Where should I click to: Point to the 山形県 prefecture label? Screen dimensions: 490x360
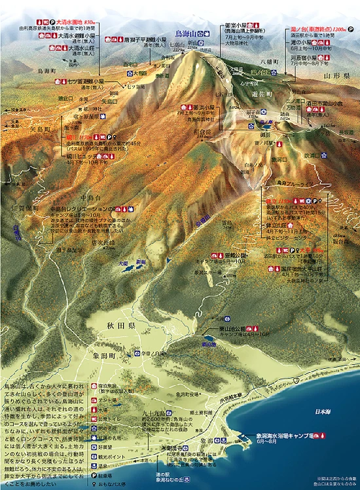point(336,76)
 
